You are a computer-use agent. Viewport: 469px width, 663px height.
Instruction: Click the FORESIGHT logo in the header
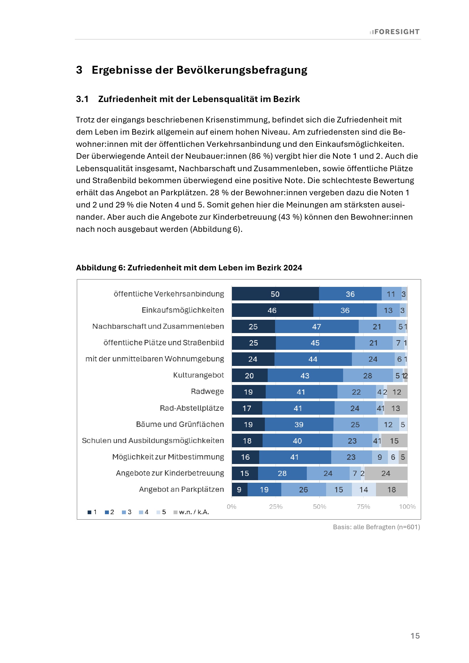(394, 32)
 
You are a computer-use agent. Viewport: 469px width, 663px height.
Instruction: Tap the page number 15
(415, 636)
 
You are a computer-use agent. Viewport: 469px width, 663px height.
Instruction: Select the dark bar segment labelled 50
(275, 294)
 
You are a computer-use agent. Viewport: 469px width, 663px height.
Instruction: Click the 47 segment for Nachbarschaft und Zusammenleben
(316, 327)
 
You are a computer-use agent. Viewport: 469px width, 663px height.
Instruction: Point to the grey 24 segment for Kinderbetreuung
(386, 473)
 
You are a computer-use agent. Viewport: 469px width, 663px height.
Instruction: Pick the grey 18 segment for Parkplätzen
(391, 490)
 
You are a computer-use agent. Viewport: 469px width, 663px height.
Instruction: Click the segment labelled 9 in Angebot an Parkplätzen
(239, 490)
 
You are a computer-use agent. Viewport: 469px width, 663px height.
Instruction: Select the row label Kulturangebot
(198, 375)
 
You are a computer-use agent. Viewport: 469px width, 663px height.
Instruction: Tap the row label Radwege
(207, 391)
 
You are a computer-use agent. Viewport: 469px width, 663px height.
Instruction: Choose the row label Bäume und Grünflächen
(180, 424)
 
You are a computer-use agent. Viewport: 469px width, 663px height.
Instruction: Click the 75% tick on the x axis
(363, 507)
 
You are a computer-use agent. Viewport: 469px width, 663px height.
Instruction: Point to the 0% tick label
(232, 507)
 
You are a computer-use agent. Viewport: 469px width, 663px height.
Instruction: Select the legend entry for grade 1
(92, 512)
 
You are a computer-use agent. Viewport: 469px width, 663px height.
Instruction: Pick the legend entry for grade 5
(161, 512)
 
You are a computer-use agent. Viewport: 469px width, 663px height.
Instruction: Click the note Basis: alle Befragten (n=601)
(376, 527)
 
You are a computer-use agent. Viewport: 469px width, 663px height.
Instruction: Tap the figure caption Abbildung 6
(189, 268)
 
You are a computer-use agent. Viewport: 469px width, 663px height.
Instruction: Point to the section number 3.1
(82, 99)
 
